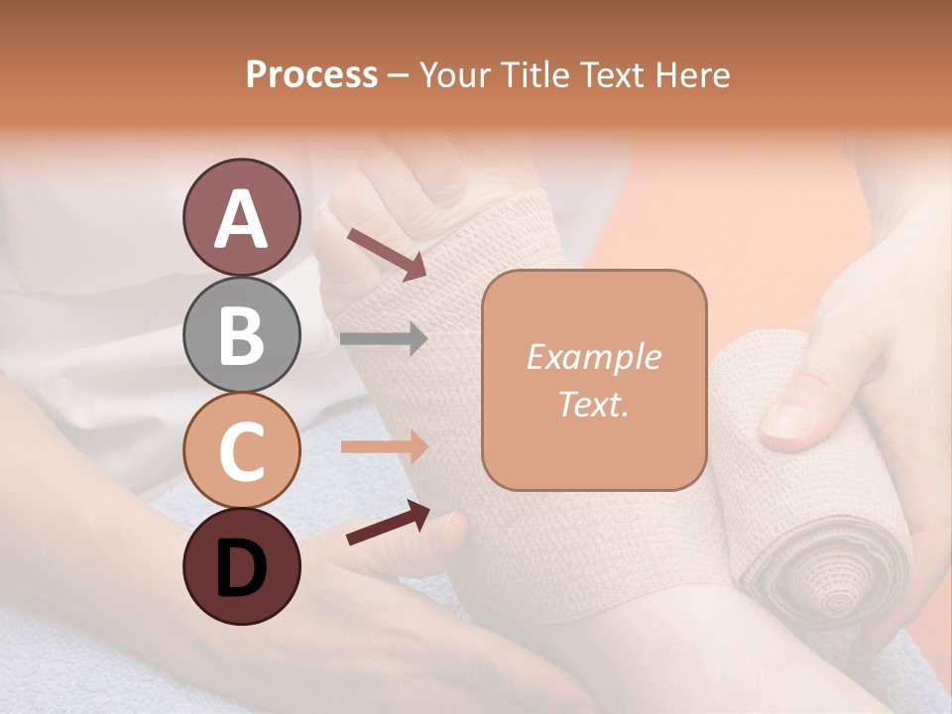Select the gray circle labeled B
coord(241,334)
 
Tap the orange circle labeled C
coord(241,450)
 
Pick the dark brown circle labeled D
coord(241,566)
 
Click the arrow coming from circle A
coord(386,253)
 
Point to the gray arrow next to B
coord(383,339)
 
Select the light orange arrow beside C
coord(383,446)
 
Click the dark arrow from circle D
coord(388,523)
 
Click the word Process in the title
coord(311,75)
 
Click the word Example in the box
coord(593,357)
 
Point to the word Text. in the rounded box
coord(593,404)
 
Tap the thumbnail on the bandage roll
coord(788,422)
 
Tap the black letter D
coord(241,568)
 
